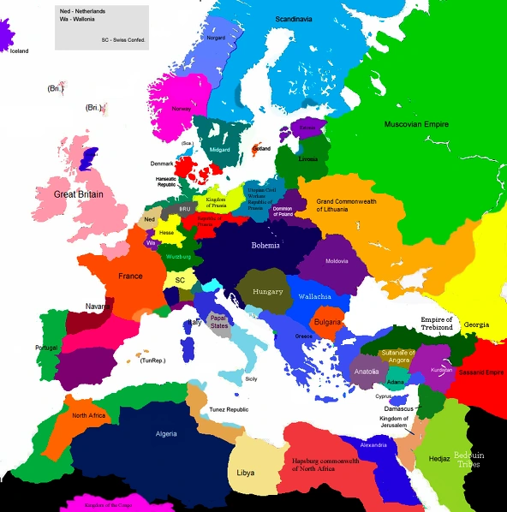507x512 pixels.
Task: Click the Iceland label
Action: pyautogui.click(x=18, y=51)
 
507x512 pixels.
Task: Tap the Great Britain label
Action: pyautogui.click(x=79, y=194)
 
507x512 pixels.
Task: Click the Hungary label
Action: pyautogui.click(x=267, y=291)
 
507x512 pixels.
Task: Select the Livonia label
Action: pyautogui.click(x=307, y=159)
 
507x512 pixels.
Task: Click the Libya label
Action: pyautogui.click(x=245, y=472)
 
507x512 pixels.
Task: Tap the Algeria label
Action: pyautogui.click(x=166, y=433)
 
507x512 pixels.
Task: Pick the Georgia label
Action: pyautogui.click(x=477, y=325)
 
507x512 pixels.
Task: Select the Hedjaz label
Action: pyautogui.click(x=440, y=459)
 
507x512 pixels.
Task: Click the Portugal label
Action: pyautogui.click(x=46, y=348)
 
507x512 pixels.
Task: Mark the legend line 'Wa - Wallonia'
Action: pyautogui.click(x=79, y=21)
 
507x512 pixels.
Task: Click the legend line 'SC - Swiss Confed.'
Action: pyautogui.click(x=122, y=39)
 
